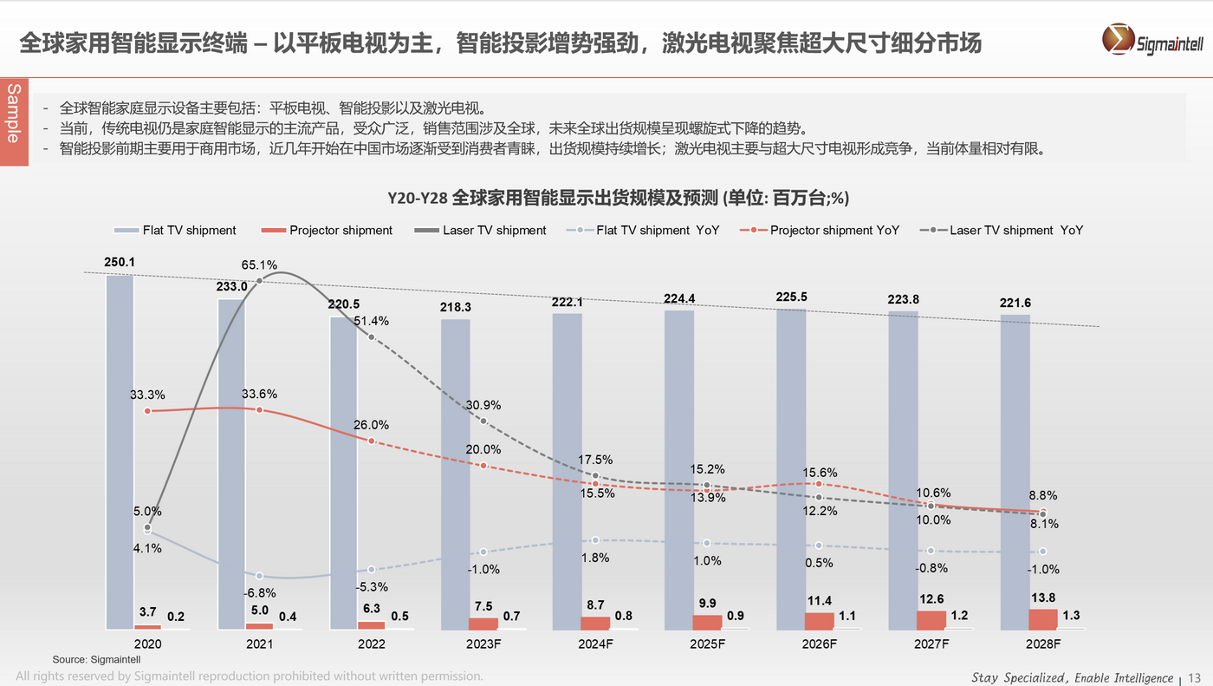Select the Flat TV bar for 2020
120,451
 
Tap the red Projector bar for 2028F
1043,619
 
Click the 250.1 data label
119,262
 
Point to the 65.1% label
259,265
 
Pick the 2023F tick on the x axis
483,644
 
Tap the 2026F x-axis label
819,644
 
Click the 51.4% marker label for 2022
371,320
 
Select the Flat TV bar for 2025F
679,468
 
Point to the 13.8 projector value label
1043,598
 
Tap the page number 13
1195,677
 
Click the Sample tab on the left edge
13,113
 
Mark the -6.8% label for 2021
259,593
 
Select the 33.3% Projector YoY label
147,395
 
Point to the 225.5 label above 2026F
792,297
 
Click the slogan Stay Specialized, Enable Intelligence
1072,677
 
